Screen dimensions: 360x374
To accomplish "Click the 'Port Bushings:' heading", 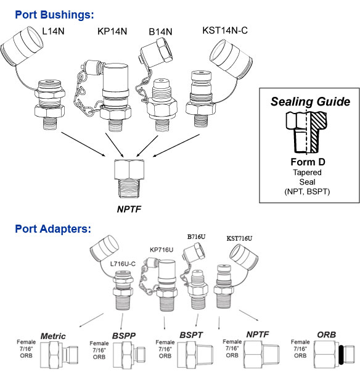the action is point(54,15).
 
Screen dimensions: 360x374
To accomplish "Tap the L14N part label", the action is point(53,31).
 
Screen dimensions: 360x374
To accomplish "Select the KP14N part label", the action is point(112,31).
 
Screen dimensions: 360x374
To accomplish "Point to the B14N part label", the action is point(160,31).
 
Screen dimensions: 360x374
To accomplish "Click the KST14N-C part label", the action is point(225,30).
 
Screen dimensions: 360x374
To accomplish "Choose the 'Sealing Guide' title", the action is point(310,102).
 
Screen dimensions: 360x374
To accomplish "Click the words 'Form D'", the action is point(308,162).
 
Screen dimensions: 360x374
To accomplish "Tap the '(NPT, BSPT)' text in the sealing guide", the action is point(307,191).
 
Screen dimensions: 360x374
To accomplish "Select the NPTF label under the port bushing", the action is point(129,209).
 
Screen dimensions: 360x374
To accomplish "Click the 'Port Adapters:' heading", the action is point(53,229).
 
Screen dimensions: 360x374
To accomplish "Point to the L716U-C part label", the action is point(123,264).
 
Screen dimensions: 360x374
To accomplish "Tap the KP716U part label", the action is point(162,250).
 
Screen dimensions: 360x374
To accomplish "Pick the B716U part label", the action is point(196,237).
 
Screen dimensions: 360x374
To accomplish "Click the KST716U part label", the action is point(239,238).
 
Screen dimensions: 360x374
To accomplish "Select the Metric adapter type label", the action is point(53,336).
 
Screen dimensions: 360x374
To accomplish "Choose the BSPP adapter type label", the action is point(124,336).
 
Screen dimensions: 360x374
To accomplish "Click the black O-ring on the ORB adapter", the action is point(341,354).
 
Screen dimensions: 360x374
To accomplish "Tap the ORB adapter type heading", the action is point(327,335).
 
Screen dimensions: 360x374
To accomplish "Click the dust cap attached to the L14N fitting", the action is point(22,46).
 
